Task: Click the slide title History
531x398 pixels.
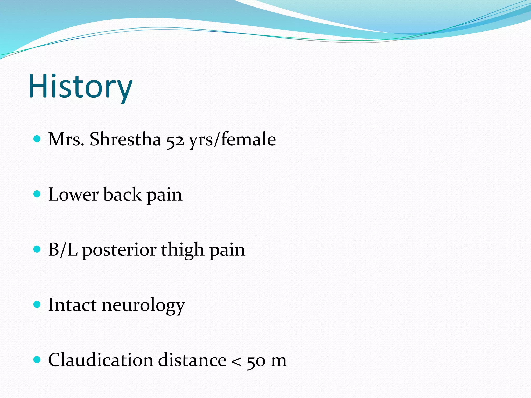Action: [80, 86]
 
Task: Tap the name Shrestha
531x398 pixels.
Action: [125, 139]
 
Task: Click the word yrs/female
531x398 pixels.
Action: [232, 139]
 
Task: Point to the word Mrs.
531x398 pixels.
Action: [66, 139]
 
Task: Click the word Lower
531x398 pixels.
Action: [73, 195]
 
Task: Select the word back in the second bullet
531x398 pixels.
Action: [123, 195]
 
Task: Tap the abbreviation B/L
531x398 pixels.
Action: [63, 250]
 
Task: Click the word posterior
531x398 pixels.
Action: [120, 250]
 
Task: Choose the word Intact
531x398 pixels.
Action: [72, 305]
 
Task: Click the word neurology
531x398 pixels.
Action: [143, 305]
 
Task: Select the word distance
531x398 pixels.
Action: [192, 360]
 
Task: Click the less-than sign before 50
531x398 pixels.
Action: [236, 361]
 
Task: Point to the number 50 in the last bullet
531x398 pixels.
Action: [256, 361]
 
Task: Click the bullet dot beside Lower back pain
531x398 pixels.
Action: [37, 194]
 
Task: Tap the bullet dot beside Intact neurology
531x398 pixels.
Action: [37, 304]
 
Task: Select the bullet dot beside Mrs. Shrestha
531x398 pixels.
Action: [37, 139]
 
